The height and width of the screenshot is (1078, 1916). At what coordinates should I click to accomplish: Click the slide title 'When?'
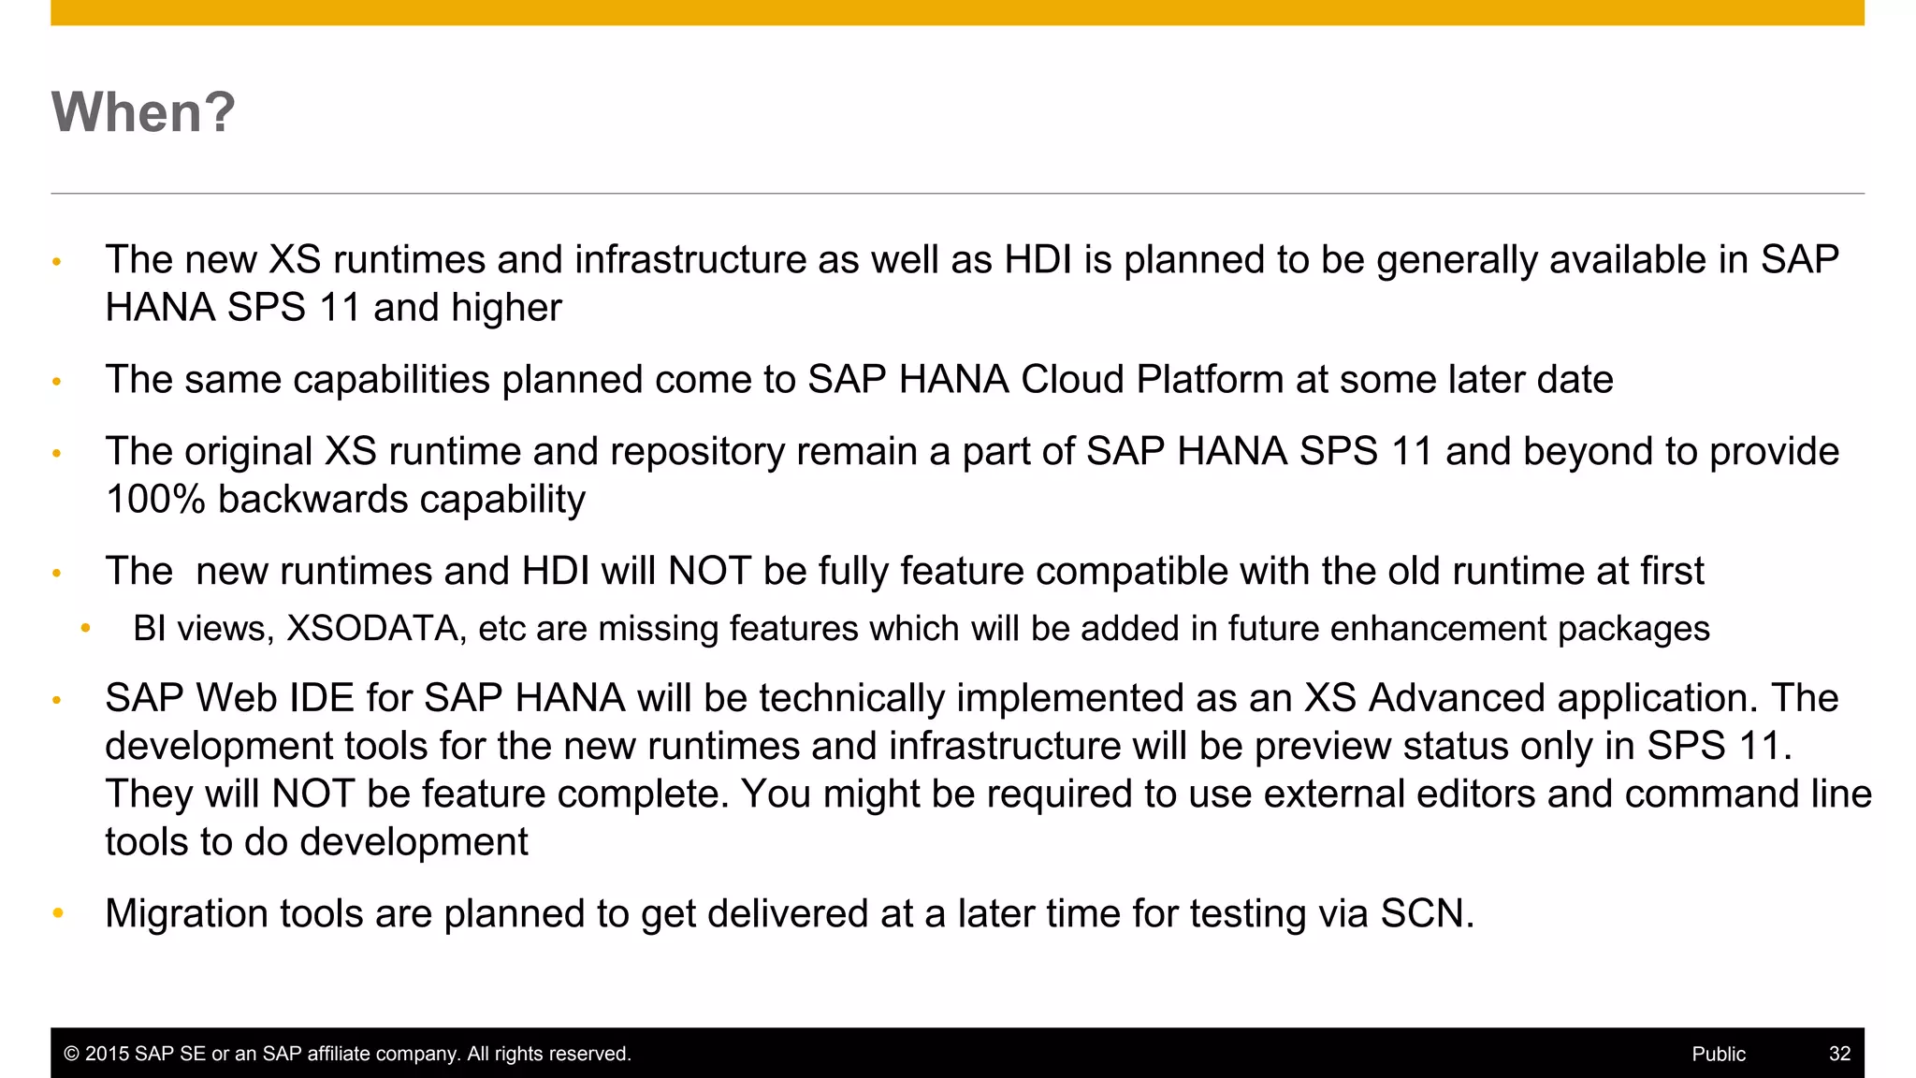(x=143, y=112)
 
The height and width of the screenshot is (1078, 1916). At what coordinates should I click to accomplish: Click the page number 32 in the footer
(x=1839, y=1054)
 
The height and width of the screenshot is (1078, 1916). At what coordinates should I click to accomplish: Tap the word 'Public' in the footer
(x=1718, y=1054)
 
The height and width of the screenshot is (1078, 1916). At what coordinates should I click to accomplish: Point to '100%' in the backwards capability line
(x=155, y=500)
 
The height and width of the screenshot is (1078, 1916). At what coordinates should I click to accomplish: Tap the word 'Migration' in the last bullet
(x=186, y=914)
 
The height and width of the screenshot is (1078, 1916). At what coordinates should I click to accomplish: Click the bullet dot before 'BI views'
(x=85, y=629)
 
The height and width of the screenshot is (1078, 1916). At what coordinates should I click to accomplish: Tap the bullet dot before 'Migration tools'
(x=58, y=913)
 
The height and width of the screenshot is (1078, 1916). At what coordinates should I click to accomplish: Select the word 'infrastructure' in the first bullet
(x=689, y=260)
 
